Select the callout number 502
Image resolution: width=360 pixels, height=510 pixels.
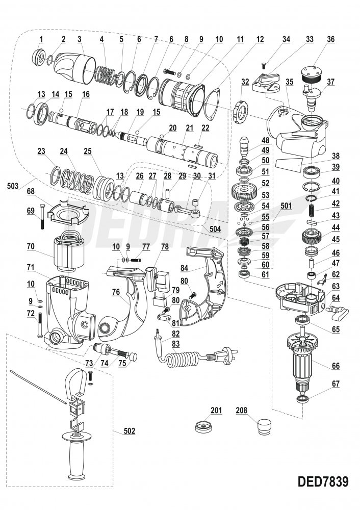coord(130,431)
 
